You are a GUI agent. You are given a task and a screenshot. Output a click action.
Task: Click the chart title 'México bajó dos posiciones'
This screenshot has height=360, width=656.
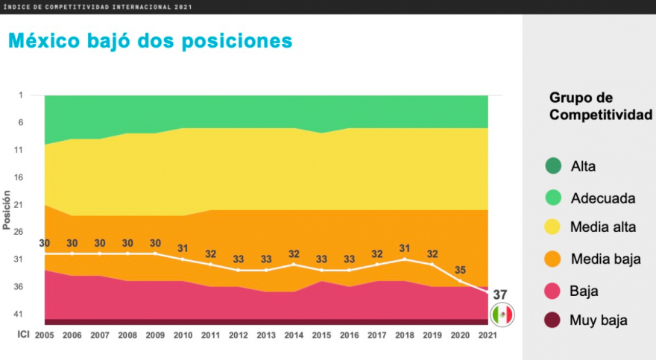[x=150, y=40]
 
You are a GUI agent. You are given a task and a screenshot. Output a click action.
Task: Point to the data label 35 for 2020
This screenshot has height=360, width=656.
[x=461, y=271]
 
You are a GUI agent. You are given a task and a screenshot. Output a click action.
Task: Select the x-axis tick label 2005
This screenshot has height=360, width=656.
[x=44, y=335]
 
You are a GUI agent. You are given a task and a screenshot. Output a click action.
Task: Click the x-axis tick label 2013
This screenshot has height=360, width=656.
[x=266, y=335]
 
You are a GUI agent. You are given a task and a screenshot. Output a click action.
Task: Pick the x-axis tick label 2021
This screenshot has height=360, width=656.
[x=488, y=335]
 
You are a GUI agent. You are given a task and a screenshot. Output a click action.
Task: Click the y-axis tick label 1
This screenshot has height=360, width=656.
[x=21, y=95]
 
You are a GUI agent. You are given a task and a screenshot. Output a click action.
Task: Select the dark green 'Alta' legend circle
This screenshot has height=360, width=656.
[x=552, y=167]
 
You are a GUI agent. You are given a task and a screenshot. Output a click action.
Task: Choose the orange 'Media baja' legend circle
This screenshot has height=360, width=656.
[x=552, y=259]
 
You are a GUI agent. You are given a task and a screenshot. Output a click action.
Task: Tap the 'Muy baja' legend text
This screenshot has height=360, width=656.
[x=599, y=320]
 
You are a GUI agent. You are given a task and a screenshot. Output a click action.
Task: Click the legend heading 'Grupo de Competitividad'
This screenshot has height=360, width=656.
[x=600, y=106]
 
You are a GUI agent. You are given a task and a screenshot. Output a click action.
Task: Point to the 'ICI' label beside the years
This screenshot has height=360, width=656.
[x=24, y=335]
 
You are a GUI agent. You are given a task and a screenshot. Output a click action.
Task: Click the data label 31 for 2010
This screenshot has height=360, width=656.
[x=183, y=248]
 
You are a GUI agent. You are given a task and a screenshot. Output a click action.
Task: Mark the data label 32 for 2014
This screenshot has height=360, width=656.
[x=294, y=253]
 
